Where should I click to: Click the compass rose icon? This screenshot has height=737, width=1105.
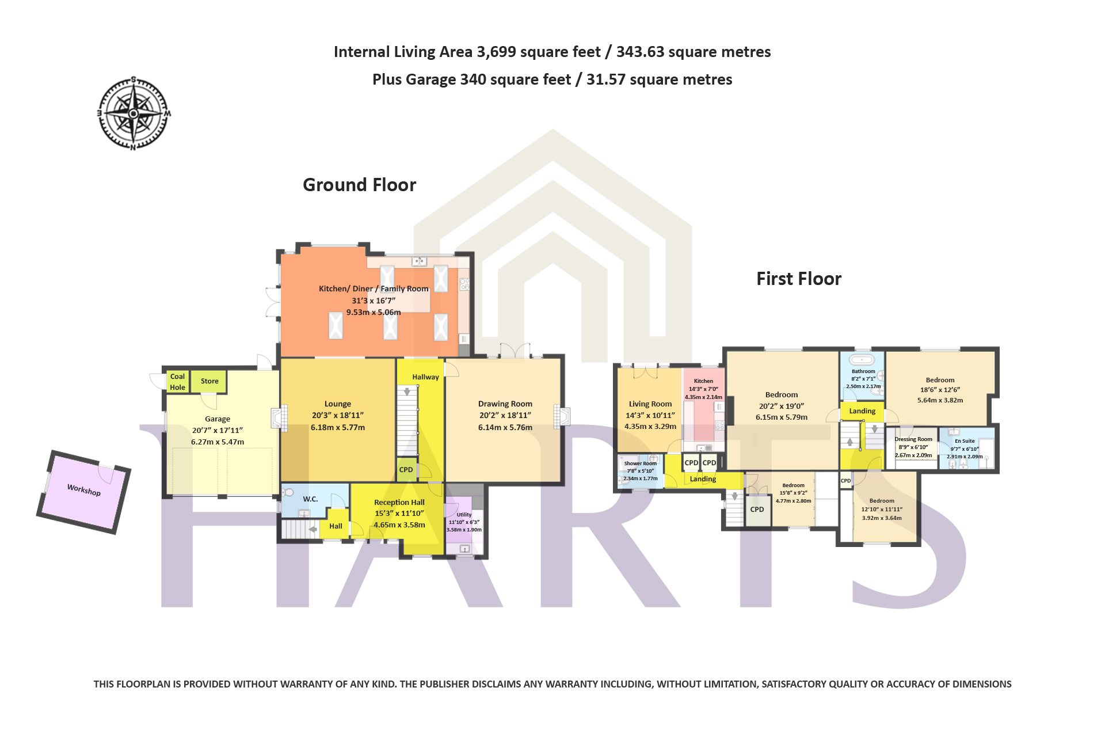134,113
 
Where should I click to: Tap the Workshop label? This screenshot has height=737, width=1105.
84,490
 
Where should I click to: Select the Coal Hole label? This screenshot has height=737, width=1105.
177,382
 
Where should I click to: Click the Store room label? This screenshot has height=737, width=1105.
209,381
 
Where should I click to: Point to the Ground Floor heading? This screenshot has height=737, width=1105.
359,185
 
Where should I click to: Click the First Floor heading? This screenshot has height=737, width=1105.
798,279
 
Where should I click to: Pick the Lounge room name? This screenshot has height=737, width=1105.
338,404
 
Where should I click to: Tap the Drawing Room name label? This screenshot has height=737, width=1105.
505,404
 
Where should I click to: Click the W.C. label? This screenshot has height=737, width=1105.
311,499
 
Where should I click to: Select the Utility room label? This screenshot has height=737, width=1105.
464,515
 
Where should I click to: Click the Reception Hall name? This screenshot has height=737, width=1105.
399,503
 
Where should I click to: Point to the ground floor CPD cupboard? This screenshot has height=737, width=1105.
406,470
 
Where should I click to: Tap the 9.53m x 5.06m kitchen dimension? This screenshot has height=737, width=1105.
374,313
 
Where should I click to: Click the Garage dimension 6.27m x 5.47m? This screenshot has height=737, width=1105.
218,442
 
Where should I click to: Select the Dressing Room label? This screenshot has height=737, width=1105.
913,439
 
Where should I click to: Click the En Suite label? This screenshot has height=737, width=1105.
965,441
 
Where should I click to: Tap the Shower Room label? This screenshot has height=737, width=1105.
641,464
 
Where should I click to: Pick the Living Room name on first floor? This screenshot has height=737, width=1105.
650,404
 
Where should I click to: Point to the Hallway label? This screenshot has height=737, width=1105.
426,377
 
